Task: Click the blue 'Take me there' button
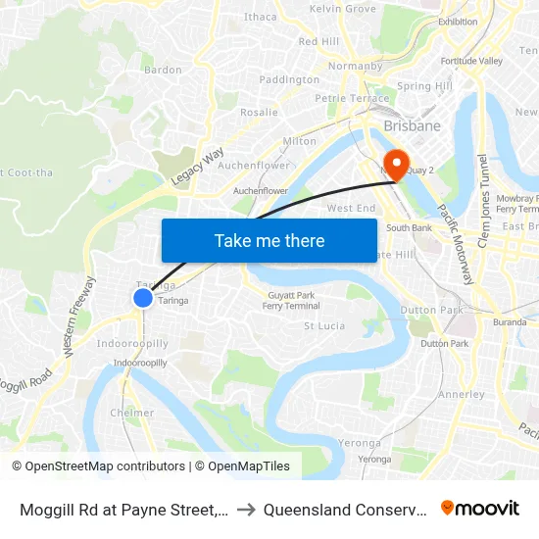point(269,240)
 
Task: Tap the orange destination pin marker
point(397,164)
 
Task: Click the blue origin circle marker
point(143,297)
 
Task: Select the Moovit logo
point(480,508)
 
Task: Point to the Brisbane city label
point(413,126)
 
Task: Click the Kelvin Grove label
point(342,9)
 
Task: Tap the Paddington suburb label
point(289,79)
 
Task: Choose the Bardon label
point(163,70)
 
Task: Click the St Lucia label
point(323,325)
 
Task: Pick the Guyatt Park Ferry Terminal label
point(291,301)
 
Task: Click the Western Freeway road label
point(78,316)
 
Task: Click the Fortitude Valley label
point(471,61)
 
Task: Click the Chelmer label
point(131,413)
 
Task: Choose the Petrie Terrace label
point(351,98)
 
